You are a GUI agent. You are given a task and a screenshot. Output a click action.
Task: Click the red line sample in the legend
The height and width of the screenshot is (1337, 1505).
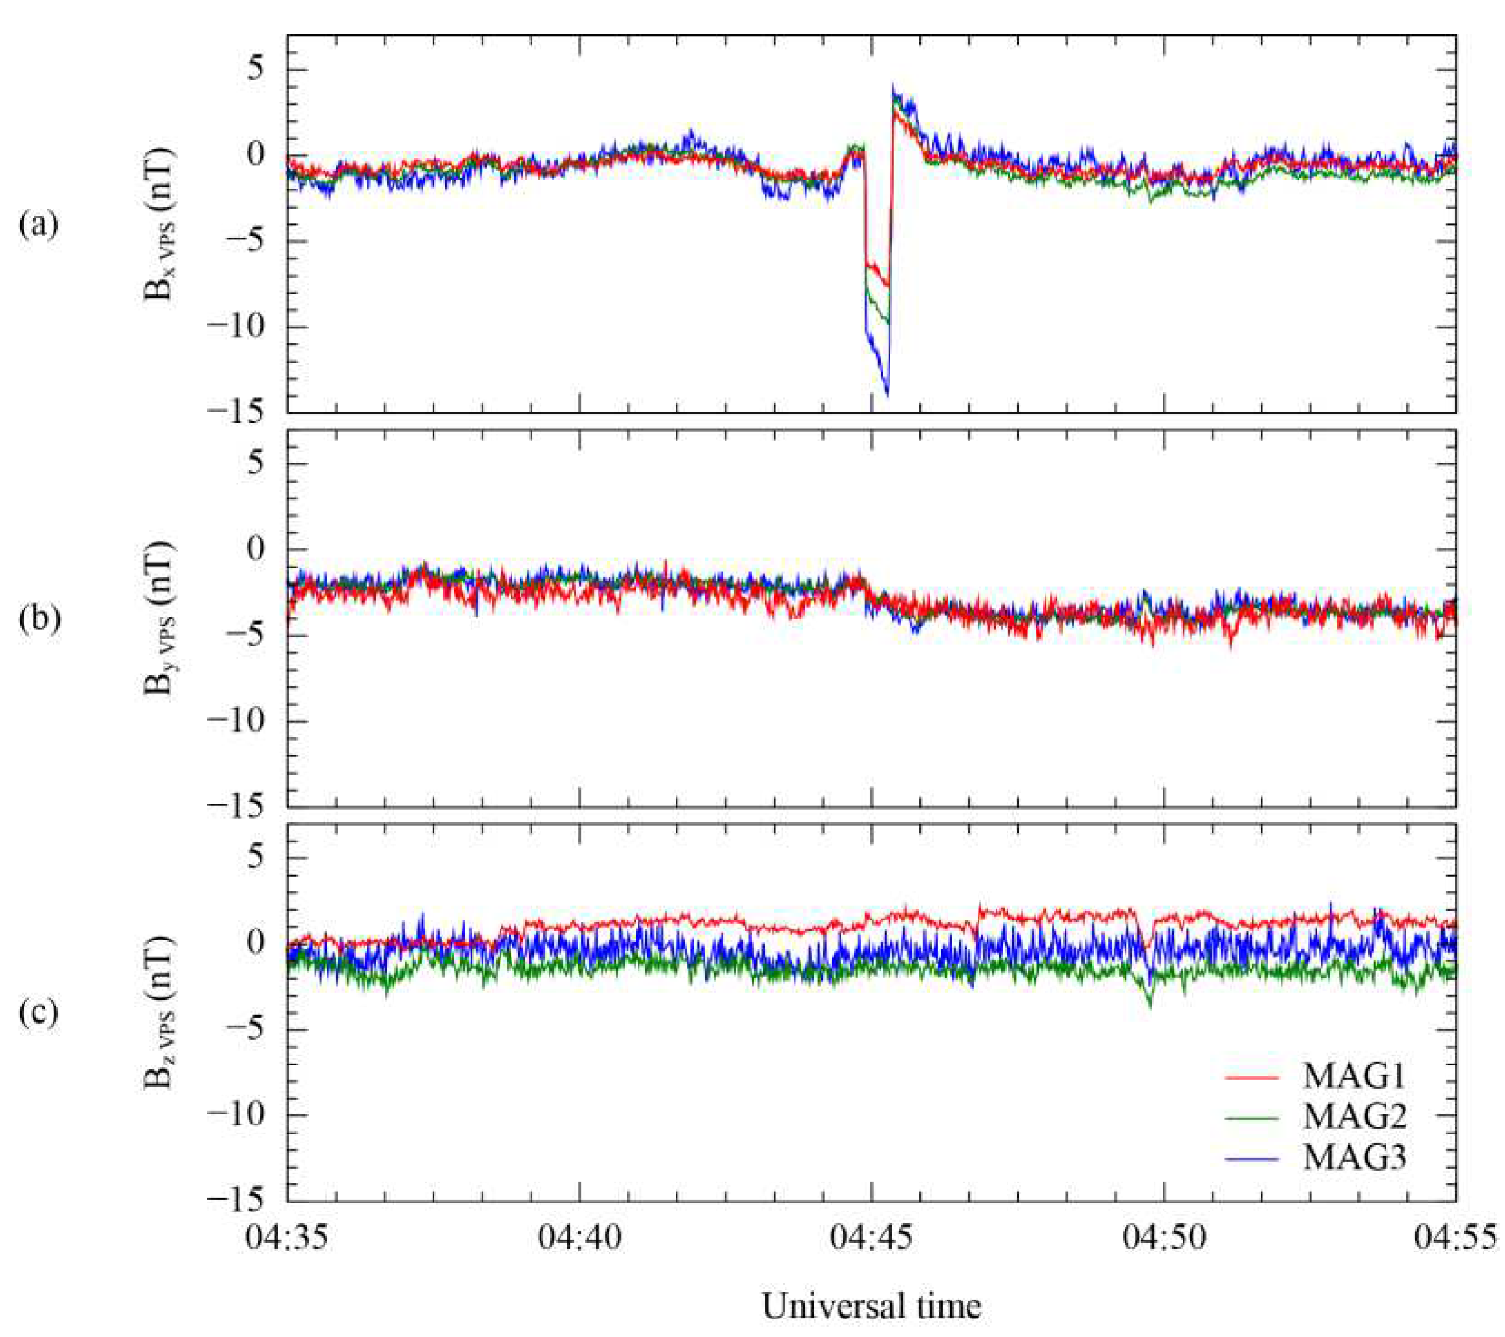(1252, 1078)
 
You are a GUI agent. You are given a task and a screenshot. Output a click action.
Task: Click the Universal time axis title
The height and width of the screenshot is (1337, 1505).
(872, 1307)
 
